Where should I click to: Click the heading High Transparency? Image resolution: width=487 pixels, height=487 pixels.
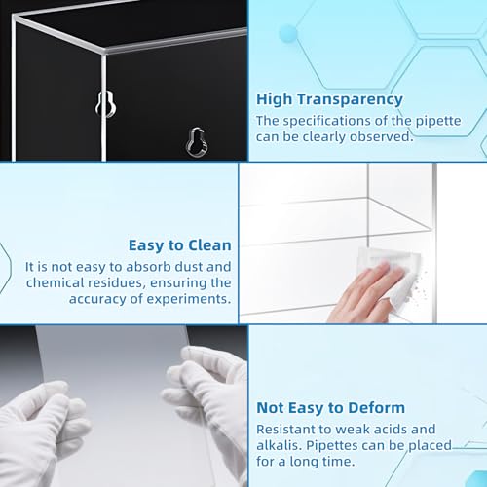coord(329,99)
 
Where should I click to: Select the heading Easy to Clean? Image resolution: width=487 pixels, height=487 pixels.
coord(180,245)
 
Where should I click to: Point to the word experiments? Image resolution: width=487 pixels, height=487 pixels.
coord(188,299)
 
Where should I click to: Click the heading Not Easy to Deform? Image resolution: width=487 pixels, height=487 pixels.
coord(330,408)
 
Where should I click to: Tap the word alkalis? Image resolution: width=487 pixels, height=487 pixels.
coord(279,445)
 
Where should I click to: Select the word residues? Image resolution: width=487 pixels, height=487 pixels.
coord(117,282)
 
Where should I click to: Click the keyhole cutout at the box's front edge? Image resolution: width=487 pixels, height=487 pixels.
coord(106,104)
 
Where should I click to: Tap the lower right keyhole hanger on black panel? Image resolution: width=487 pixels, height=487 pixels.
coord(198,141)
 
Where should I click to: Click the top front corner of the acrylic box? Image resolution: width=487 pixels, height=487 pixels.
coord(105,52)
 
